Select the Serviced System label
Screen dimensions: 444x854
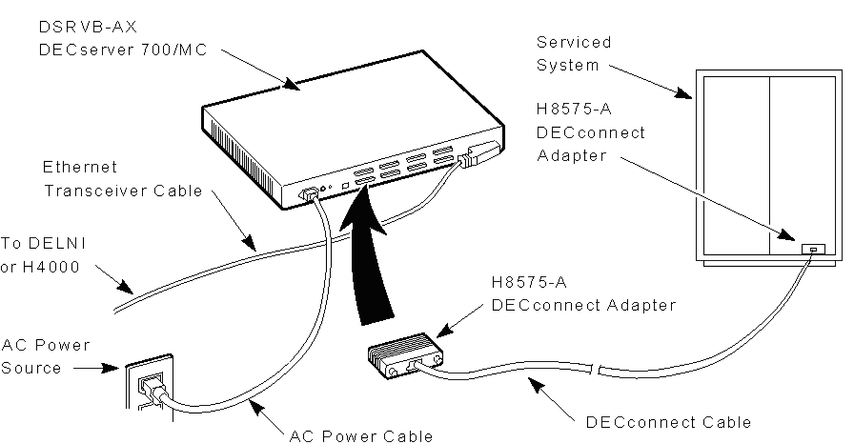tap(573, 53)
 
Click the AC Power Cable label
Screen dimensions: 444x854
tap(361, 435)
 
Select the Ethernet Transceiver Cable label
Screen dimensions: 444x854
tap(123, 179)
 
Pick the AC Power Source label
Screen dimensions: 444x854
tap(46, 355)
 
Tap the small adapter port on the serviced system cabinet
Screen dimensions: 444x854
tap(811, 249)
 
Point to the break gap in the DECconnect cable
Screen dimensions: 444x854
tap(595, 369)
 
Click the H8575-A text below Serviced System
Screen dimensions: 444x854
tap(568, 111)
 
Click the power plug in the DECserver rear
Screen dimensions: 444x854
tap(311, 194)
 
